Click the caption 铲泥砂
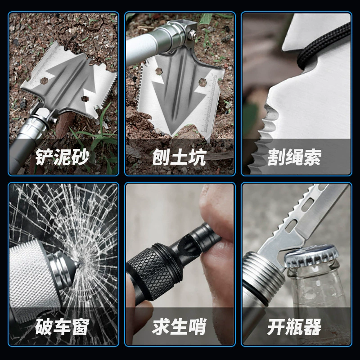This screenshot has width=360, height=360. click(62, 157)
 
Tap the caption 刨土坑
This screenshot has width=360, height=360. click(179, 157)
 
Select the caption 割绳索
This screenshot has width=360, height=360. click(294, 157)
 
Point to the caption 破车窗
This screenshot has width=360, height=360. click(62, 327)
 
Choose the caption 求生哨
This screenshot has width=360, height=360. click(179, 327)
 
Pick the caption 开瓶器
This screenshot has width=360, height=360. click(294, 327)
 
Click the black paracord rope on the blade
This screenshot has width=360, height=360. click(321, 46)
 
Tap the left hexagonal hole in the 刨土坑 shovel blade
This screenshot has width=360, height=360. click(159, 71)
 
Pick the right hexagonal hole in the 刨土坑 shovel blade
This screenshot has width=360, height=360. click(202, 82)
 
